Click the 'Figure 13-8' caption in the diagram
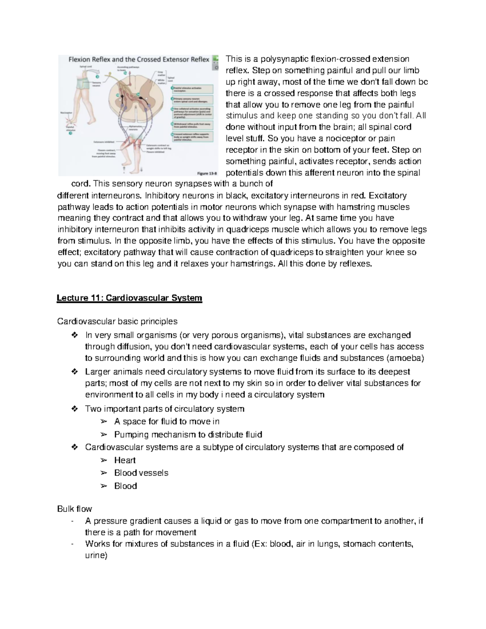click(x=207, y=173)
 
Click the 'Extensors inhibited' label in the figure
click(x=104, y=142)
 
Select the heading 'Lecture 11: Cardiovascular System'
click(x=129, y=299)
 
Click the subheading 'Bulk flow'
click(x=75, y=509)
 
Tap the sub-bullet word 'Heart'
click(x=125, y=460)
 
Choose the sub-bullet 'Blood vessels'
click(x=141, y=473)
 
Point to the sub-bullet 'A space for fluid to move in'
click(x=167, y=422)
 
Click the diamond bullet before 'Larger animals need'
click(x=74, y=372)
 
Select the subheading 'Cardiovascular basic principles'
click(x=117, y=322)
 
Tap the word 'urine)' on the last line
click(x=96, y=556)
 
